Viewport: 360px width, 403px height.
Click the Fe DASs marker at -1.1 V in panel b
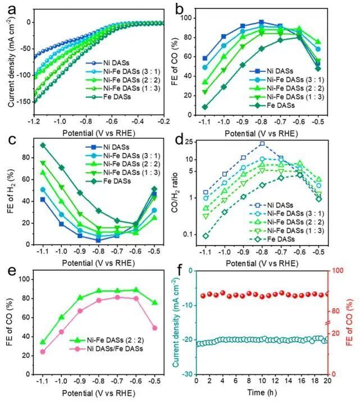tap(205, 107)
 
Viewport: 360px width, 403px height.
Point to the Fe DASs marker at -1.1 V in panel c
tap(43, 145)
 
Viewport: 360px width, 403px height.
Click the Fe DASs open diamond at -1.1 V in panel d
tap(205, 236)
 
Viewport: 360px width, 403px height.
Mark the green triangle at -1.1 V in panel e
tap(43, 342)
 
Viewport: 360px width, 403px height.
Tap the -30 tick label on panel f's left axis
tap(187, 374)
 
